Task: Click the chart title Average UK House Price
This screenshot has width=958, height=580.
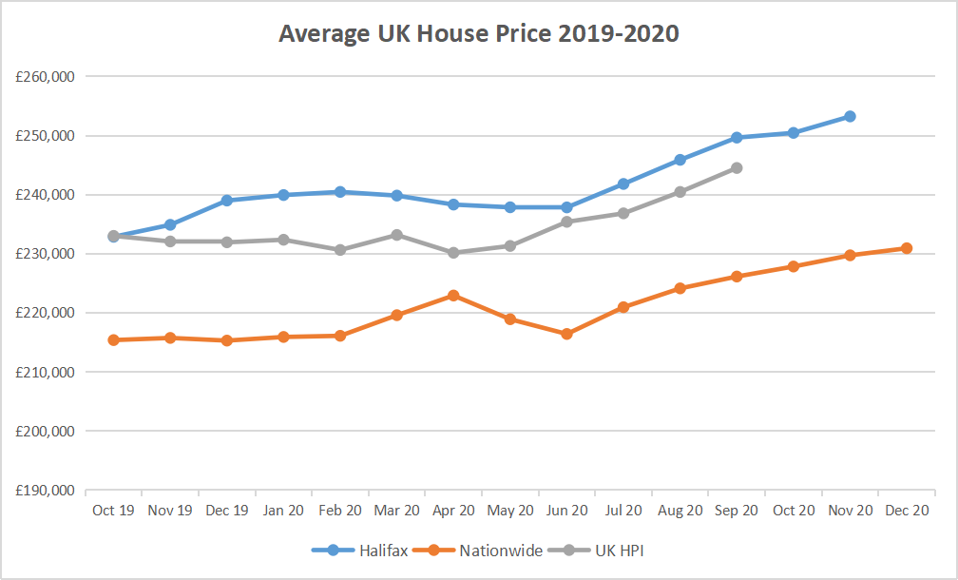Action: [x=479, y=34]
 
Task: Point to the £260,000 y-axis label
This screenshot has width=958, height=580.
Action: [x=46, y=76]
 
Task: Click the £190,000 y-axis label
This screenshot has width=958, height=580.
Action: [x=46, y=491]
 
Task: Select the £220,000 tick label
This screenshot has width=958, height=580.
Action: [x=46, y=313]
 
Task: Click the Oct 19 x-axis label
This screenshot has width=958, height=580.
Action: [x=113, y=511]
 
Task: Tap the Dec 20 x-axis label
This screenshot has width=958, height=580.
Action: [x=907, y=511]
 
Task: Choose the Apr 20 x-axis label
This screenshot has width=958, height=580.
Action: [x=453, y=511]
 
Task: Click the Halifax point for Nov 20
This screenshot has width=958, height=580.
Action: [x=850, y=116]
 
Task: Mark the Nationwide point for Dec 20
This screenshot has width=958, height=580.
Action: [x=907, y=248]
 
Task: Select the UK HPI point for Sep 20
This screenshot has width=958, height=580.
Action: [x=737, y=168]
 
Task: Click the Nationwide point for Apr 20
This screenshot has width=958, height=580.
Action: [x=453, y=296]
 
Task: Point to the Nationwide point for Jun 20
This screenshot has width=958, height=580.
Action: [x=566, y=334]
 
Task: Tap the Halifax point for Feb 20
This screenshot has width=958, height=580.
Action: [x=340, y=192]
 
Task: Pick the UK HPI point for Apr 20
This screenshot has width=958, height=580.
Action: [x=453, y=253]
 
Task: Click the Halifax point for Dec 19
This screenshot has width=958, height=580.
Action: [x=227, y=201]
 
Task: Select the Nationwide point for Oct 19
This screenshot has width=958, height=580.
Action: [x=113, y=339]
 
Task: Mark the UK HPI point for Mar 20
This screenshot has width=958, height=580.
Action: [x=397, y=235]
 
